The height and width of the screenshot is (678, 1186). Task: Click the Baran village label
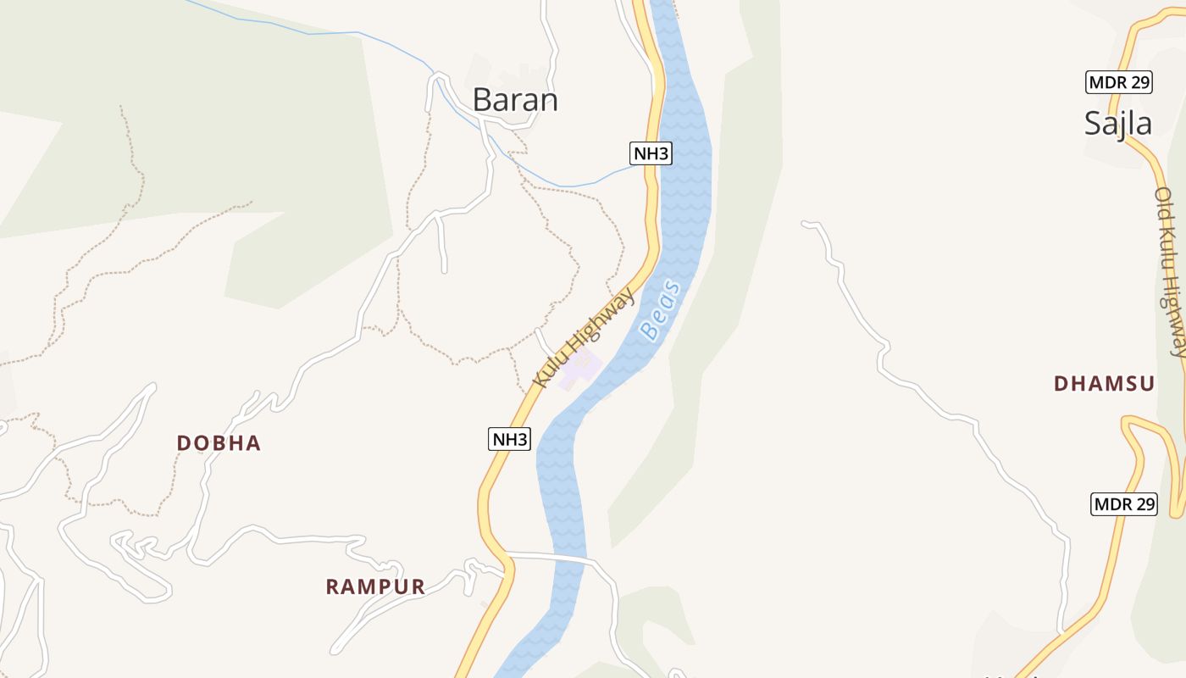tap(515, 100)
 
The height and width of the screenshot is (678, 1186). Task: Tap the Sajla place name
tap(1118, 124)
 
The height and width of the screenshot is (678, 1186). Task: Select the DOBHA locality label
tap(219, 442)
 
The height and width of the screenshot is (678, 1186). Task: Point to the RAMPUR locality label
tap(375, 586)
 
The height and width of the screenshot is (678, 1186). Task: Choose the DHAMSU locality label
tap(1104, 383)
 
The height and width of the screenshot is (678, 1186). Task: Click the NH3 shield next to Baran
tap(651, 153)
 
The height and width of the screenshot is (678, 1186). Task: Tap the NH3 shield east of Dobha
tap(510, 439)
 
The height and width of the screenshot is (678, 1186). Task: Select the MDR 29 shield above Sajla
tap(1118, 82)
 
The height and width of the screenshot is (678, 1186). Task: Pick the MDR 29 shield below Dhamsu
tap(1123, 504)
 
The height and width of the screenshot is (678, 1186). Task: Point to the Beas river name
tap(661, 309)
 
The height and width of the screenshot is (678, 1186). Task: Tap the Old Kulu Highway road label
tap(1170, 271)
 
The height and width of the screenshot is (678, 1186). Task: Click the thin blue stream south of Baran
tap(576, 185)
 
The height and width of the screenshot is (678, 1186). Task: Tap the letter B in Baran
tap(483, 100)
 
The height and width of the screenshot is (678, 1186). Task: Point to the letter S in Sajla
tap(1094, 124)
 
